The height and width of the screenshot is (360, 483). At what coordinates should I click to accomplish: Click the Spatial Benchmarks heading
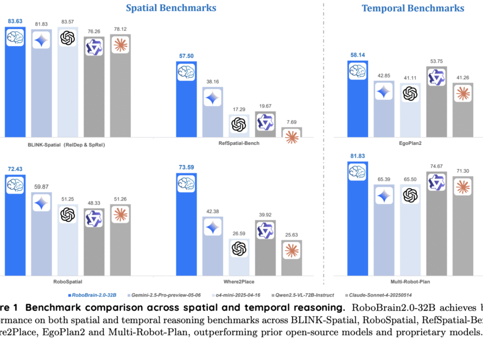tap(171, 8)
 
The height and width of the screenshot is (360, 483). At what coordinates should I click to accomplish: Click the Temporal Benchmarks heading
tap(413, 8)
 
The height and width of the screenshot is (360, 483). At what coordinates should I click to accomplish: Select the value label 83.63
tap(15, 21)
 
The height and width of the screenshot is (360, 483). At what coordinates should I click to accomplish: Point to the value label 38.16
tap(212, 82)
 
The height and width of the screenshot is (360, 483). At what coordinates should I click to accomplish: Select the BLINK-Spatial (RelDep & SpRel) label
tap(66, 145)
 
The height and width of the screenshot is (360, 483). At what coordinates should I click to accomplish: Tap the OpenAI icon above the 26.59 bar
tap(239, 248)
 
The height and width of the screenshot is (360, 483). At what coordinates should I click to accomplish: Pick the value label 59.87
tap(41, 187)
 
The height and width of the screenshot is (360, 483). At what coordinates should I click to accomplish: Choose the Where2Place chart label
tap(238, 282)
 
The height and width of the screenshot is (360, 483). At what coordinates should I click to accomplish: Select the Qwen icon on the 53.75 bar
tap(436, 78)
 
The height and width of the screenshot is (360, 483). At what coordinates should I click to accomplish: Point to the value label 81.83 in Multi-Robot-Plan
tap(358, 157)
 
